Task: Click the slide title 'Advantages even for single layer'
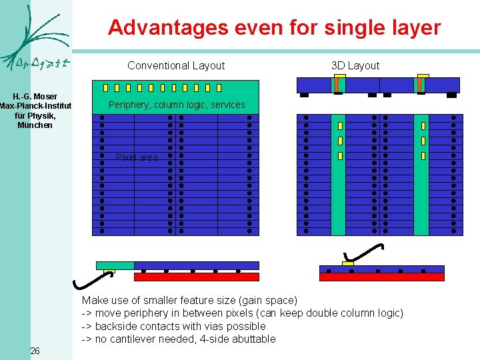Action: coord(274,27)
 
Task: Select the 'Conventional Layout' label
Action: coord(176,65)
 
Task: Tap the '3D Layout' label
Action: coord(355,65)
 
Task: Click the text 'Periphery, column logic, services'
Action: coord(177,105)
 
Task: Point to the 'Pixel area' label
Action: coord(137,157)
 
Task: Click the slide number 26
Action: coord(35,351)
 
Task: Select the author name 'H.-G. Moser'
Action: coord(35,97)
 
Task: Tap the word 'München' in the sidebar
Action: coord(35,125)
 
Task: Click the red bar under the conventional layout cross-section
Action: coord(196,277)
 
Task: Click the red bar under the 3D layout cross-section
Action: coord(381,277)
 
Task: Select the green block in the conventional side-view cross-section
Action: coord(115,265)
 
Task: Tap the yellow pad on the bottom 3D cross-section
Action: coord(347,264)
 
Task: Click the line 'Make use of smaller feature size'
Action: coord(189,301)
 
